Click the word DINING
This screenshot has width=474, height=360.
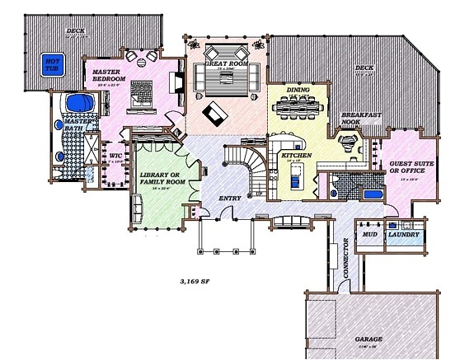pos(298,90)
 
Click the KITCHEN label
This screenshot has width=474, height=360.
pos(295,155)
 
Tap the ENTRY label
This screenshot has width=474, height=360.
pos(229,199)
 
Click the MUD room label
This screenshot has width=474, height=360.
pos(369,235)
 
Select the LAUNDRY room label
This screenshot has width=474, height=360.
pos(404,235)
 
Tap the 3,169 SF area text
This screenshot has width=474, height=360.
pos(194,280)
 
